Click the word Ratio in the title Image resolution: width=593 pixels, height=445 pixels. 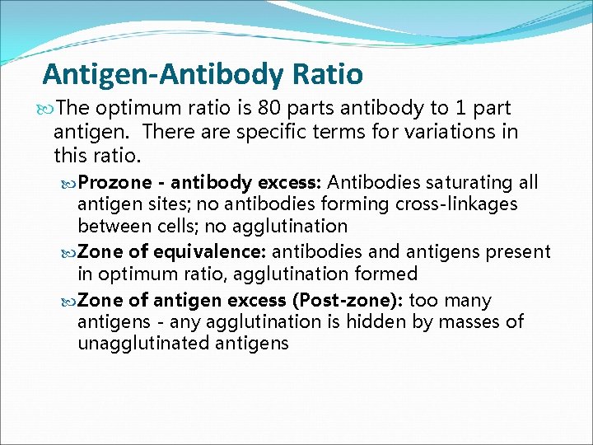[327, 74]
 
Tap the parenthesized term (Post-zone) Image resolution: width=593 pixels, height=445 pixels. [356, 300]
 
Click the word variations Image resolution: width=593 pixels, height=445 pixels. [451, 131]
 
